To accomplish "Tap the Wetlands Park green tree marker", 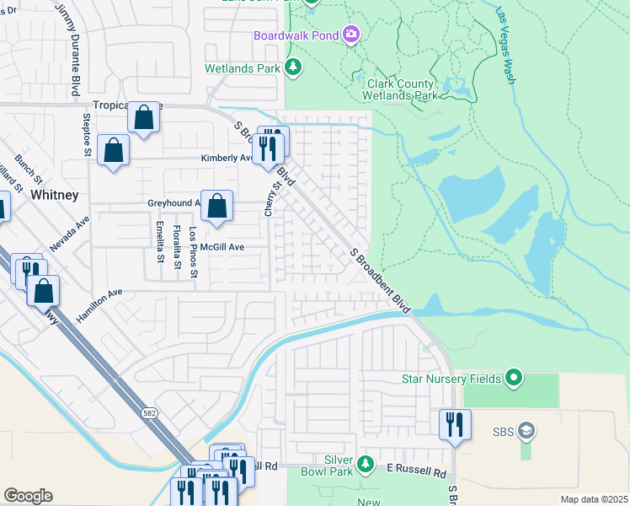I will click(x=293, y=67).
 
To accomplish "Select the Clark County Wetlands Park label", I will click(x=402, y=89).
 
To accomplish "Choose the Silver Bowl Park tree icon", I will click(x=365, y=463).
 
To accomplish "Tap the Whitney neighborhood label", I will click(x=54, y=194).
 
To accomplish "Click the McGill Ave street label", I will click(x=222, y=247).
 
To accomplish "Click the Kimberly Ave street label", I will click(x=226, y=158).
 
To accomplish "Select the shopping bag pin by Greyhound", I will click(x=216, y=206).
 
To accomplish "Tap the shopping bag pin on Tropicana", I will click(x=144, y=118).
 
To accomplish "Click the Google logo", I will click(x=28, y=496).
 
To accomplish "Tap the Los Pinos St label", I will click(x=193, y=251).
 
